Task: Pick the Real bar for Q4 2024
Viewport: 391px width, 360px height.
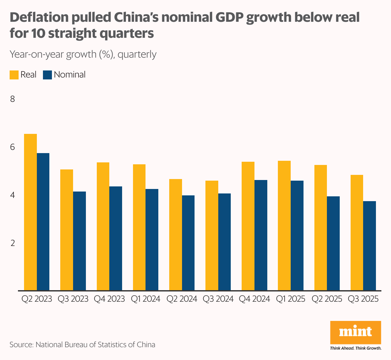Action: [x=248, y=226]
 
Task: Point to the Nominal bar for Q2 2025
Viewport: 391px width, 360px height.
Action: [x=333, y=243]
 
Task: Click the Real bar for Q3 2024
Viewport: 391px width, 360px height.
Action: [x=212, y=235]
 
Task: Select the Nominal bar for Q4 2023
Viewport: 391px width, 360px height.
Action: [x=116, y=238]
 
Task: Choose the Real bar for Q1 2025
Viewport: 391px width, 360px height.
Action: [x=284, y=225]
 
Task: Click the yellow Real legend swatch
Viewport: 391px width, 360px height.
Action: [x=14, y=75]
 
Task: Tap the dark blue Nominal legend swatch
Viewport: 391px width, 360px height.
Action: [x=47, y=75]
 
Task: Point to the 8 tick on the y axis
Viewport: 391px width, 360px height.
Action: [x=13, y=99]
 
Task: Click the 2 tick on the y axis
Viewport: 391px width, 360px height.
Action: [x=13, y=243]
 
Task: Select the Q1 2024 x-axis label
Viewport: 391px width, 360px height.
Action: [x=146, y=299]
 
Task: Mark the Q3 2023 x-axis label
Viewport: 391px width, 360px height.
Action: [x=73, y=299]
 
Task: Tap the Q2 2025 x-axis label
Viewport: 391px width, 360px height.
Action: [x=327, y=299]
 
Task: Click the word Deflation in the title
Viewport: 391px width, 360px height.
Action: [x=39, y=18]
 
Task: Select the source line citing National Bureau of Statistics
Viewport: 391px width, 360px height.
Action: [x=82, y=345]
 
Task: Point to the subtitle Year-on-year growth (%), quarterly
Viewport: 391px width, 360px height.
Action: [x=83, y=54]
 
